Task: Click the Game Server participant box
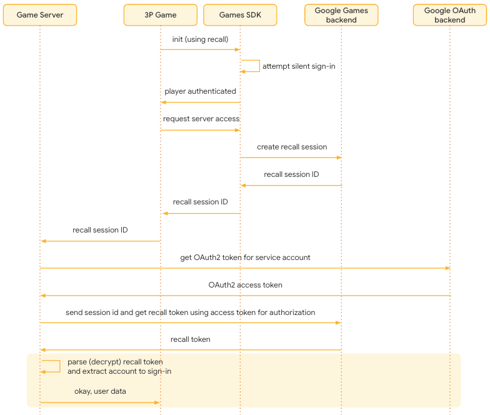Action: pyautogui.click(x=40, y=15)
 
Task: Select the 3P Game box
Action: pyautogui.click(x=161, y=15)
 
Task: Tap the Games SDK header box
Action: pyautogui.click(x=240, y=15)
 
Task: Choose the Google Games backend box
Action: pyautogui.click(x=341, y=15)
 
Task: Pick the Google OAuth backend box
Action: pyautogui.click(x=450, y=15)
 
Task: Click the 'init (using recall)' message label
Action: pyautogui.click(x=200, y=39)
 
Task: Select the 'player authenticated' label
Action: pyautogui.click(x=200, y=91)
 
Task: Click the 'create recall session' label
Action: pyautogui.click(x=292, y=147)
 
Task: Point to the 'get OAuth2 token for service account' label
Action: pyautogui.click(x=245, y=257)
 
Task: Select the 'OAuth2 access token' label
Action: pyautogui.click(x=245, y=285)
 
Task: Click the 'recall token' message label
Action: pyautogui.click(x=191, y=339)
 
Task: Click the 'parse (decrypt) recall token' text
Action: pyautogui.click(x=115, y=362)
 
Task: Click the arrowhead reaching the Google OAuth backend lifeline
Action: pyautogui.click(x=447, y=268)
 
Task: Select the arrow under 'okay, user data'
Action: pyautogui.click(x=100, y=402)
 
